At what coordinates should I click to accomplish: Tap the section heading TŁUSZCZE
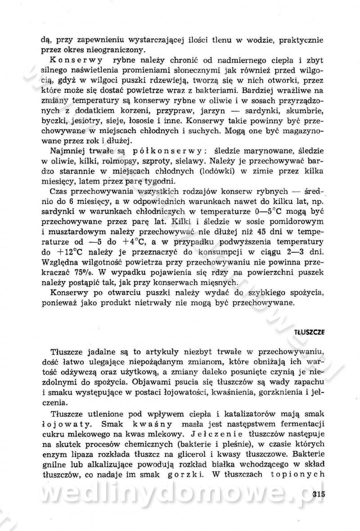[x=309, y=332]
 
